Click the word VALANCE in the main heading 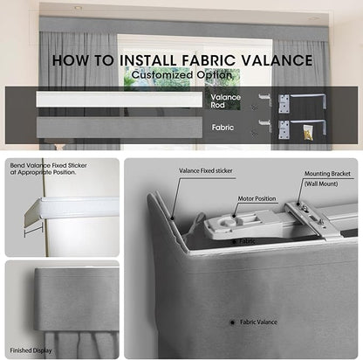[x=277, y=60]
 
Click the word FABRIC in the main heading [x=208, y=60]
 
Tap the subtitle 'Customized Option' [x=181, y=75]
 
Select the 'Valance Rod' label [x=225, y=101]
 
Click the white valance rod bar [x=119, y=100]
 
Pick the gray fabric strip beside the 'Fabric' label [x=120, y=128]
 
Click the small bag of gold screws [x=308, y=132]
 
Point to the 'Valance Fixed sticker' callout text [x=206, y=171]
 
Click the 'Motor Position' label [x=257, y=198]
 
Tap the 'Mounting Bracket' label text [x=327, y=174]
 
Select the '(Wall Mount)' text [x=321, y=183]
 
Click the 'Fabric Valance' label [x=258, y=322]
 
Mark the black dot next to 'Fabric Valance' [x=232, y=322]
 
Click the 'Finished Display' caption [x=31, y=350]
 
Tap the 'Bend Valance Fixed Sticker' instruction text [x=48, y=165]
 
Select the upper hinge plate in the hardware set [x=284, y=104]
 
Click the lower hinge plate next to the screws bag [x=284, y=129]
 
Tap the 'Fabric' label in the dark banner [x=223, y=128]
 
